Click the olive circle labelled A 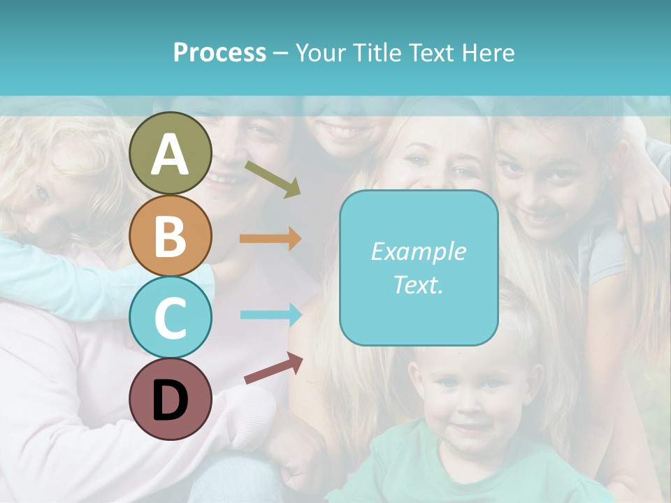pos(170,153)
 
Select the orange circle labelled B pos(170,235)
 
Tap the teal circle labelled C pos(170,317)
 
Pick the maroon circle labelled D pos(170,399)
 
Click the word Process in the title pos(219,52)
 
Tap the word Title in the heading pos(377,52)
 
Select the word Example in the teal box pos(418,251)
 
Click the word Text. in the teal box pos(418,284)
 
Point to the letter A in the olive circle pos(170,154)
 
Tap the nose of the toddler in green pos(470,405)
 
